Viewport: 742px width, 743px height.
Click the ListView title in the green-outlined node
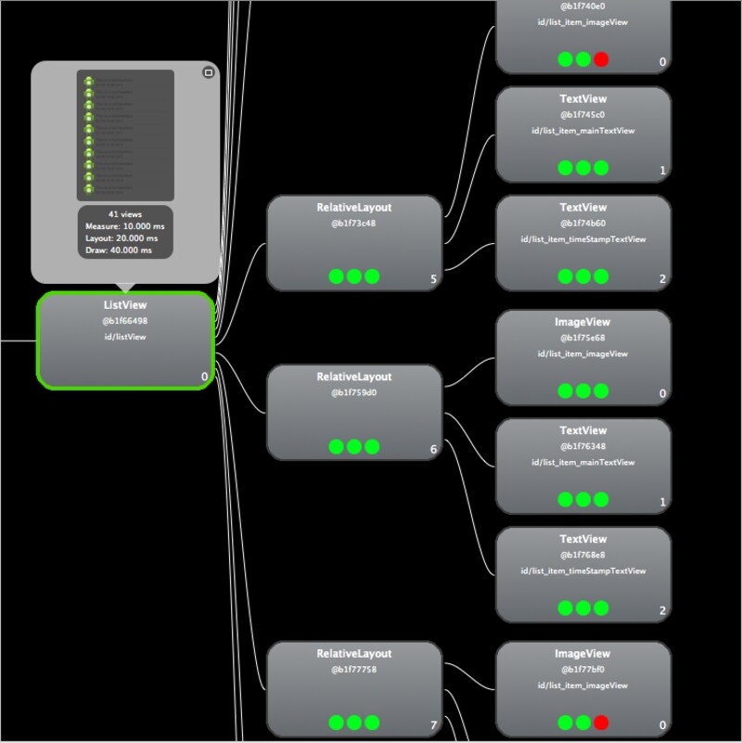click(125, 305)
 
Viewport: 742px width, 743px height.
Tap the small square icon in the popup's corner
click(209, 72)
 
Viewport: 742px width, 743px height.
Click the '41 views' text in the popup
click(125, 214)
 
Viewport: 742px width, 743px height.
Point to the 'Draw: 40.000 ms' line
click(125, 250)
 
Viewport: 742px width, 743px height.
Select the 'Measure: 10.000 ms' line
click(125, 226)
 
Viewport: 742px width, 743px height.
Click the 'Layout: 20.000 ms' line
click(125, 238)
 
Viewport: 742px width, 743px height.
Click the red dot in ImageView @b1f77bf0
click(601, 723)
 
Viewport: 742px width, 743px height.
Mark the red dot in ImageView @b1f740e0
click(601, 59)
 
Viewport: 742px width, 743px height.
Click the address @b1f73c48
click(354, 224)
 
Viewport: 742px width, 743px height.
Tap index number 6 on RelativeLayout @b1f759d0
click(433, 450)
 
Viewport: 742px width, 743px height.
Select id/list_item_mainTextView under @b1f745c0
click(583, 131)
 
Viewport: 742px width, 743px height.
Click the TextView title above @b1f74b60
click(583, 208)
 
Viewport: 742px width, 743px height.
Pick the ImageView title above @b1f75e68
click(583, 322)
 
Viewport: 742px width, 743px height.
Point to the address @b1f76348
click(583, 446)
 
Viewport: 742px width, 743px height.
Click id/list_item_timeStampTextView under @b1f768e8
click(583, 570)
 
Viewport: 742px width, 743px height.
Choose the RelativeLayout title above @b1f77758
click(354, 654)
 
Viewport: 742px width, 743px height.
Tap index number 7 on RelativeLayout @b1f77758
click(433, 725)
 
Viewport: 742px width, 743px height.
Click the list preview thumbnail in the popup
click(125, 135)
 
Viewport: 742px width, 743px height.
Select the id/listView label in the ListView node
click(125, 337)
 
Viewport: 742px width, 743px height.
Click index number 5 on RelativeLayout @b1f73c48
click(433, 279)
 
